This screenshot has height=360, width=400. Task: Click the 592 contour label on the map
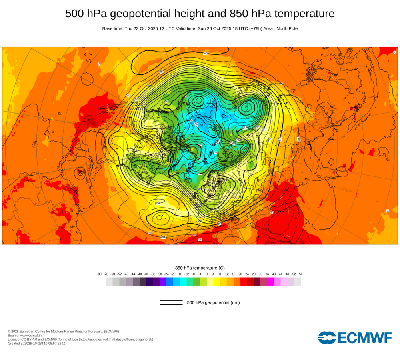[206, 53]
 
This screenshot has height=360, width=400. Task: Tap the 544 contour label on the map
[245, 128]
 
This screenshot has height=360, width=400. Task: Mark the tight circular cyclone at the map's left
[80, 172]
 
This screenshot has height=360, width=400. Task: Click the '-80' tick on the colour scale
[99, 274]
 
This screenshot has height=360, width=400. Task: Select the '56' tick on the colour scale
[300, 274]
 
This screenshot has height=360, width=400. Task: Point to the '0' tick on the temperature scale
[206, 274]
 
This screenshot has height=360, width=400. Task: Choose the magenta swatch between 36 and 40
[270, 282]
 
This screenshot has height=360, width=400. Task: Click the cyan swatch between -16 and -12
[183, 282]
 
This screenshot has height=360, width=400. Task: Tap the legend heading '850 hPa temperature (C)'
[200, 268]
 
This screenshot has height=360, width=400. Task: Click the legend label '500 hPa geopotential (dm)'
[213, 302]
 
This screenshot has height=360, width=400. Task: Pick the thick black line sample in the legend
[171, 304]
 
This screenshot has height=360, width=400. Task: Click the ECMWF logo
[355, 338]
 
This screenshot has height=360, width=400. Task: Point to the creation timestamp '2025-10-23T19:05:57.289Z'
[44, 343]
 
